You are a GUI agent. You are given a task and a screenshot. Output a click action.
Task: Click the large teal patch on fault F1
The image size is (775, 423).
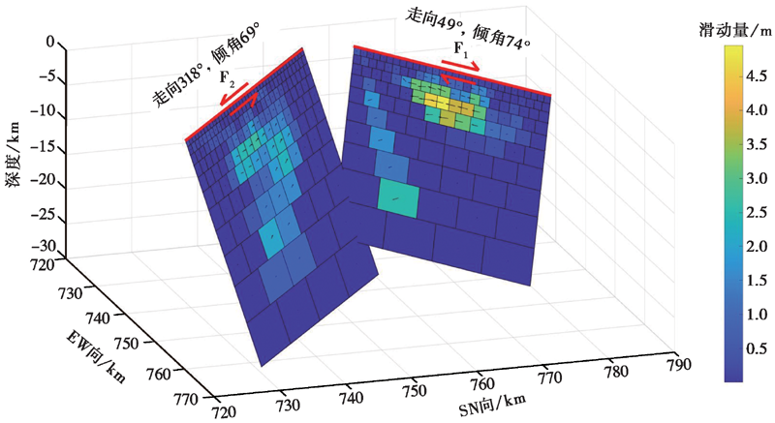pos(398,200)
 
